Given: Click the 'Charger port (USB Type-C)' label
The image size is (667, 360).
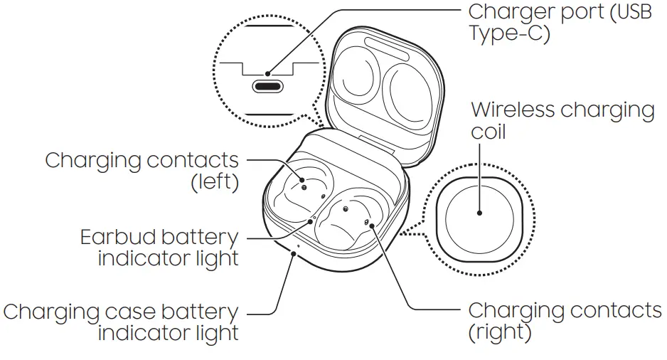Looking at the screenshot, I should [559, 23].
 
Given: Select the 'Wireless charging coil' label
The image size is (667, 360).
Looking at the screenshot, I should [562, 120].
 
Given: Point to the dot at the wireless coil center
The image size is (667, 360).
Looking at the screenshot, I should [480, 212].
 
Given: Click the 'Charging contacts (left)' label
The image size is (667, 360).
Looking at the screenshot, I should [142, 170].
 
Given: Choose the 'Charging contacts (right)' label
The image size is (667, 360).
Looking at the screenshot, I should [564, 321].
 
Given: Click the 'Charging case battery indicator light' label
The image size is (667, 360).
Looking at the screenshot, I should [121, 322].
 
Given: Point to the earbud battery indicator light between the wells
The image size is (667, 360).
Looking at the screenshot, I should [314, 218].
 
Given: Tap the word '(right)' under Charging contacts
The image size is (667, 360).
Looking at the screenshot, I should [500, 332].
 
